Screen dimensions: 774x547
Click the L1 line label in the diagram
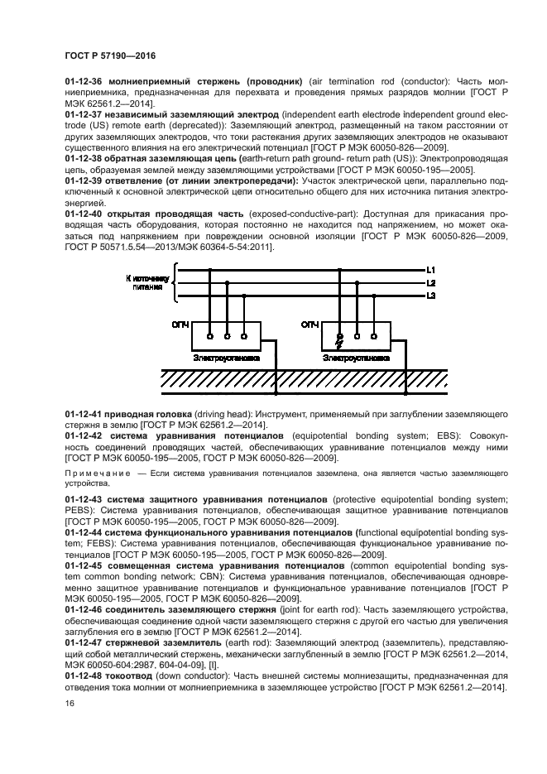coord(431,271)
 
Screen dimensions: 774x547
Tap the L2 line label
coord(431,283)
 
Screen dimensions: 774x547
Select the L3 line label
coord(431,296)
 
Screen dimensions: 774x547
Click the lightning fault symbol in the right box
coord(338,339)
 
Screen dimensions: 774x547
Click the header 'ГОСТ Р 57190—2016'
coord(110,55)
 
